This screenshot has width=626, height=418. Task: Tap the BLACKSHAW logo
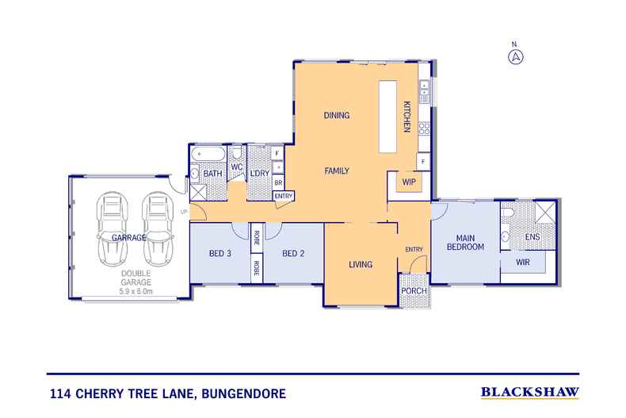(x=530, y=392)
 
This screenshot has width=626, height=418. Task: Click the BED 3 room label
(x=219, y=254)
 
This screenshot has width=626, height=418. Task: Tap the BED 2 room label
(x=293, y=254)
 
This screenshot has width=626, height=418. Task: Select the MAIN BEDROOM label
(x=464, y=242)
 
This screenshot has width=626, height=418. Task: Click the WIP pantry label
(x=410, y=182)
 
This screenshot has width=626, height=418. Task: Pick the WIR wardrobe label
(x=522, y=262)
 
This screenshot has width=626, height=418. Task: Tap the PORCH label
(x=414, y=291)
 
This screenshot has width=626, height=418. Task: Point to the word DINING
(x=336, y=116)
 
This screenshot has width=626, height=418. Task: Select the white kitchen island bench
(x=387, y=117)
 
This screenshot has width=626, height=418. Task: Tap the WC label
(x=236, y=167)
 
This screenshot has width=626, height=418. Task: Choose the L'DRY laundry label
(x=259, y=173)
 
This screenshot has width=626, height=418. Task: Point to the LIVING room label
(x=361, y=264)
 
